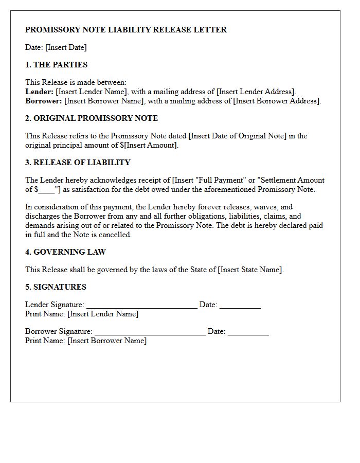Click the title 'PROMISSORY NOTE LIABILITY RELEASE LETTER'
[126, 30]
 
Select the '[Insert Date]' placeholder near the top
[66, 47]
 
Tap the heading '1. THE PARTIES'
[57, 65]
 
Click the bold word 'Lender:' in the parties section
[39, 92]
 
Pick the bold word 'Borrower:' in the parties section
[44, 101]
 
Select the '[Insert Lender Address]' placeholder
[257, 92]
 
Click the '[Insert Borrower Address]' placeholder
[277, 101]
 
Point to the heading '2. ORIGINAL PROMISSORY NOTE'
[92, 118]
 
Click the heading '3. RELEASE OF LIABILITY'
[78, 163]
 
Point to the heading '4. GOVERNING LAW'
[66, 252]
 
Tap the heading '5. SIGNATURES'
[56, 287]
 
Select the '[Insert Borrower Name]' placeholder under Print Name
[107, 341]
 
